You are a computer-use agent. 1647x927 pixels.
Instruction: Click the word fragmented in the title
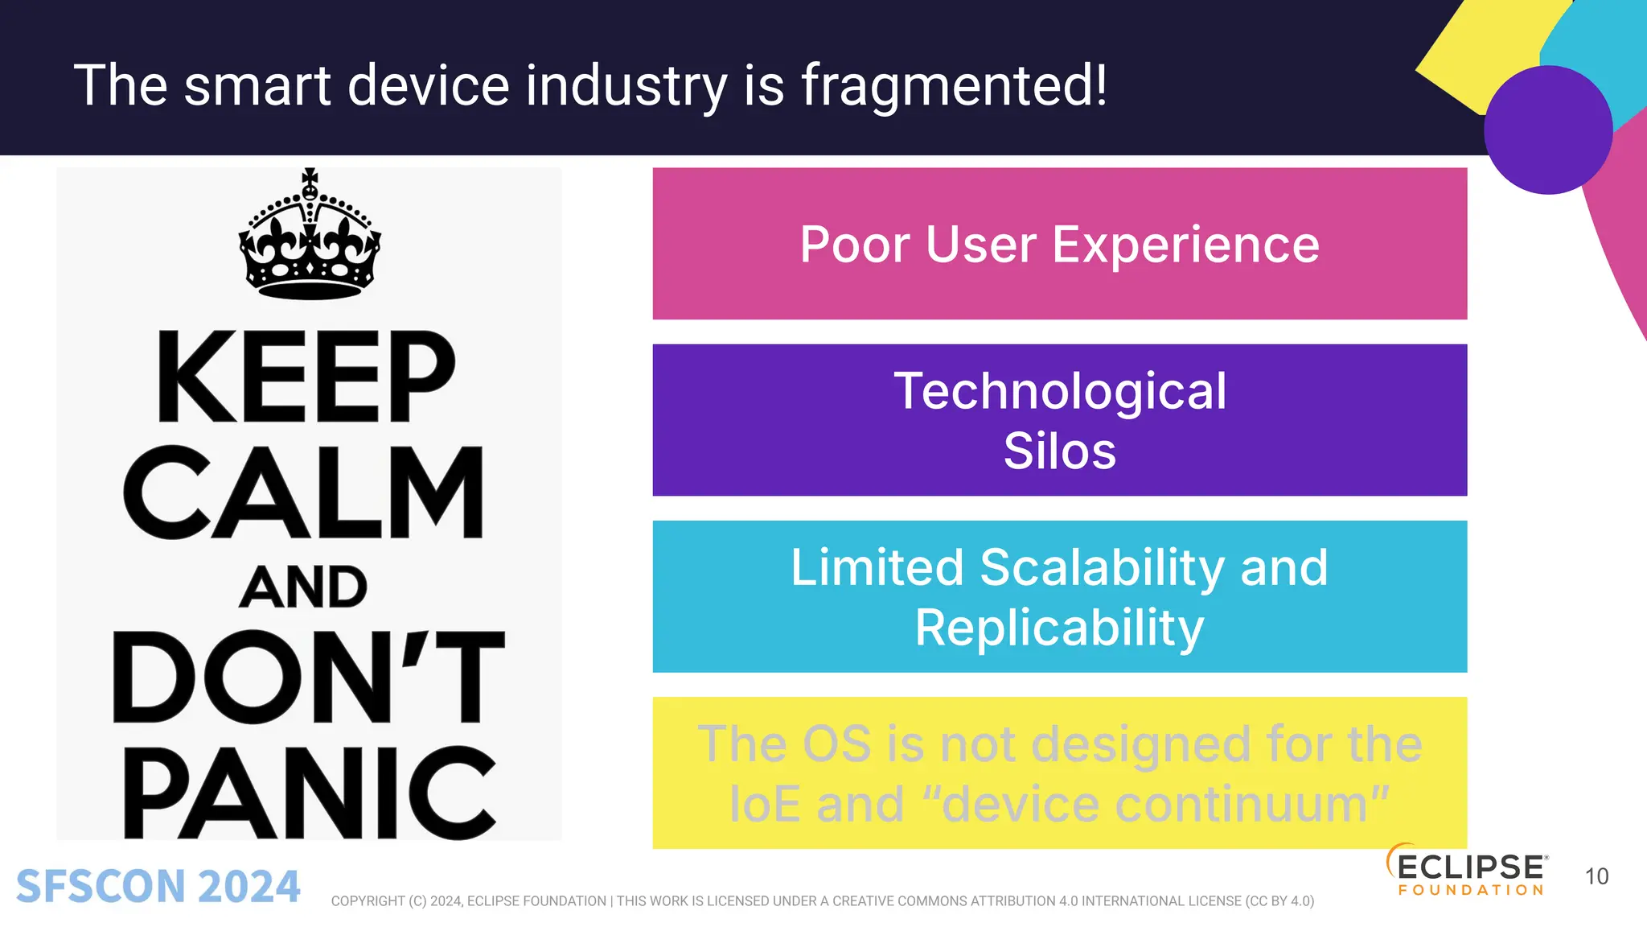(954, 86)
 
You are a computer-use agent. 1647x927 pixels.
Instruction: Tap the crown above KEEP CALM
(310, 237)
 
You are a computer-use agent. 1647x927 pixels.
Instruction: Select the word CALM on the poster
(304, 492)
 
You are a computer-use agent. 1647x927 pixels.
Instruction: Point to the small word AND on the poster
(303, 587)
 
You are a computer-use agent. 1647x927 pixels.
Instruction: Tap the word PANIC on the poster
(309, 793)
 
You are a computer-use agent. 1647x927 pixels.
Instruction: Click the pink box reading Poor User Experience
(1059, 244)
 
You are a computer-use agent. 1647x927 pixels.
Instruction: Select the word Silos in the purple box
(1059, 451)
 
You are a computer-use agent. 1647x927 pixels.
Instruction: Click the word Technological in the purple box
(1059, 391)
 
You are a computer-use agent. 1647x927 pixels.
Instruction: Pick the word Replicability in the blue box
(1059, 628)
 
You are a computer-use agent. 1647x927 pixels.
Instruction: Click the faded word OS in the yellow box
(836, 744)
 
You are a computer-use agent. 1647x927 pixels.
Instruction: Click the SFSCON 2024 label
(158, 886)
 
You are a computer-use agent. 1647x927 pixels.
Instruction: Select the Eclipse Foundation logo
(1466, 871)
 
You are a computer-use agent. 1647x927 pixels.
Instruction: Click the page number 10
(1596, 876)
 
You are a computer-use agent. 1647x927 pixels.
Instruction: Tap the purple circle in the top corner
(1547, 130)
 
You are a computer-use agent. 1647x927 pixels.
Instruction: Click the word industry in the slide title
(626, 86)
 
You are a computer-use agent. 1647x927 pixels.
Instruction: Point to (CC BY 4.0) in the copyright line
(1279, 901)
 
